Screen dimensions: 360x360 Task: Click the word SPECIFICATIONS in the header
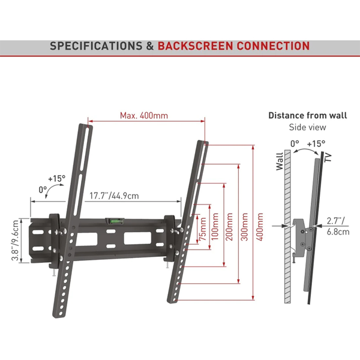pyautogui.click(x=96, y=46)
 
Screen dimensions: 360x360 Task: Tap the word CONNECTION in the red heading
pyautogui.click(x=273, y=46)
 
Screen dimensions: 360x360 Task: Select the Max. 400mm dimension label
pyautogui.click(x=144, y=115)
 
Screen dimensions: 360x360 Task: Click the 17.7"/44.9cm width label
pyautogui.click(x=114, y=196)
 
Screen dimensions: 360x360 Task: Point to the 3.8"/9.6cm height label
pyautogui.click(x=15, y=240)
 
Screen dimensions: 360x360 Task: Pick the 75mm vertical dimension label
pyautogui.click(x=203, y=229)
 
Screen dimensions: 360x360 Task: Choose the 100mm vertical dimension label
pyautogui.click(x=215, y=227)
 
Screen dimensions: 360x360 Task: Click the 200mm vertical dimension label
pyautogui.click(x=229, y=227)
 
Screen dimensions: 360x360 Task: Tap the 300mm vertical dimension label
pyautogui.click(x=244, y=227)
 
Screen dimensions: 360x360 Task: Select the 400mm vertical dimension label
pyautogui.click(x=259, y=227)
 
